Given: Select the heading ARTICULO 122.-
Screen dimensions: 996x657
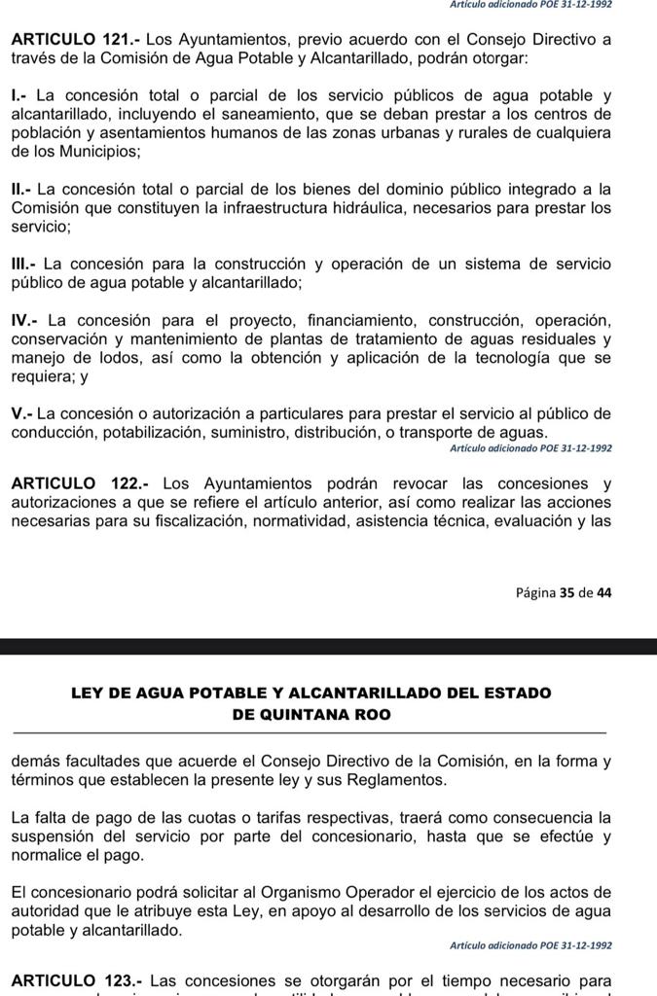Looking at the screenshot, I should [75, 483].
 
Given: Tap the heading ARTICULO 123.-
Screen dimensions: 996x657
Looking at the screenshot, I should [75, 979].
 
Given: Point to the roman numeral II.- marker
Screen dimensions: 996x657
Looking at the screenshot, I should [22, 189].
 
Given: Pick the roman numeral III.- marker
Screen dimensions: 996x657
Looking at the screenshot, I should [24, 264].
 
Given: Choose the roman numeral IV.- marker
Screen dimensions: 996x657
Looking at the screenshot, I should [25, 320].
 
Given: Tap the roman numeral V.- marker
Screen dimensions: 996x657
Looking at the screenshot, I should [21, 413].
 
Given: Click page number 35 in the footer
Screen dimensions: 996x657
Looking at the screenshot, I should [566, 591].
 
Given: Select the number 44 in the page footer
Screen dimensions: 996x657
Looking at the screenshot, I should [603, 591].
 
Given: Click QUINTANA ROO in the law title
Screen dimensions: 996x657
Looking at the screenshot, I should [311, 714].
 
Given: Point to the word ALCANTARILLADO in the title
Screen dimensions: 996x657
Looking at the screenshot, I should [370, 693].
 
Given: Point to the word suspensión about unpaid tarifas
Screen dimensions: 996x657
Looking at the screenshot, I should [56, 836].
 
